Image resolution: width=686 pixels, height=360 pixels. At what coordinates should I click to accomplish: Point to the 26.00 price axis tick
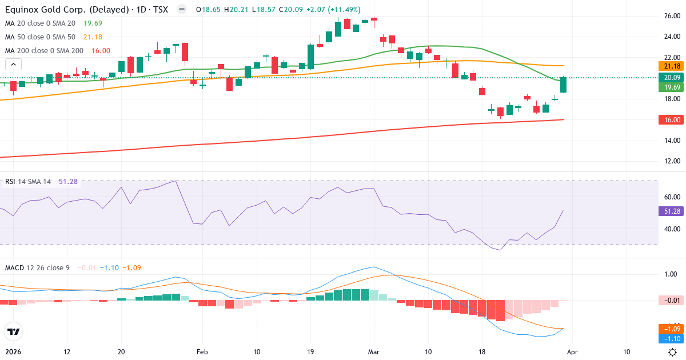coord(672,16)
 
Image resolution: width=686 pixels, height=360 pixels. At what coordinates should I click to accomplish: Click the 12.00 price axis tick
coord(672,161)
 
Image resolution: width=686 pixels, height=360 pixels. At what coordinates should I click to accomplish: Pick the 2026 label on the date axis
coord(13,352)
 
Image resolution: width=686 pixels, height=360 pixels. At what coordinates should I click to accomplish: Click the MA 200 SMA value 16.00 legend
coord(101,51)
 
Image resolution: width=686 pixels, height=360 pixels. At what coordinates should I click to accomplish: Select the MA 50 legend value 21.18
coord(93,37)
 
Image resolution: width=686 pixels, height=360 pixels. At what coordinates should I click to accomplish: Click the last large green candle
coord(564,85)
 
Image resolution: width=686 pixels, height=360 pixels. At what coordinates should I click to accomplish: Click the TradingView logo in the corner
coord(13,331)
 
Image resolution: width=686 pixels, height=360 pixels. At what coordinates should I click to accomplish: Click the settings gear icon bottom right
coord(673,352)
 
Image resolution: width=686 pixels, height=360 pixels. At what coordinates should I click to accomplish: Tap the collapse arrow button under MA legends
coord(13,64)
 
